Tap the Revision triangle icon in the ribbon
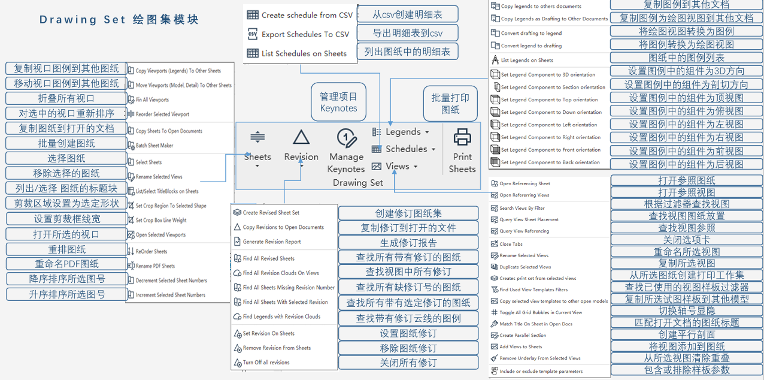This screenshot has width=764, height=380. [301, 144]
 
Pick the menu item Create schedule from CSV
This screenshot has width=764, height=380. [307, 15]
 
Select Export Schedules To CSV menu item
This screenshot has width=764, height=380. [305, 34]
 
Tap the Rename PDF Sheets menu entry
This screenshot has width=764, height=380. [155, 266]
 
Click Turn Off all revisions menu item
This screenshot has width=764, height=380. [266, 362]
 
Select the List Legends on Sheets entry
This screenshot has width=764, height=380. [527, 60]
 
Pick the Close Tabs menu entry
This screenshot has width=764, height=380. [511, 244]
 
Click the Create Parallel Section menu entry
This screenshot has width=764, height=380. [523, 335]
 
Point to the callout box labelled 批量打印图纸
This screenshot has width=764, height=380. [450, 103]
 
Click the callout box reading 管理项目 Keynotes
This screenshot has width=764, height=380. [338, 102]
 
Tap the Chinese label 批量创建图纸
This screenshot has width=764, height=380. [66, 143]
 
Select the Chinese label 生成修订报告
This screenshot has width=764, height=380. [400, 243]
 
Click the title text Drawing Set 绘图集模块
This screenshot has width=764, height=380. [119, 20]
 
